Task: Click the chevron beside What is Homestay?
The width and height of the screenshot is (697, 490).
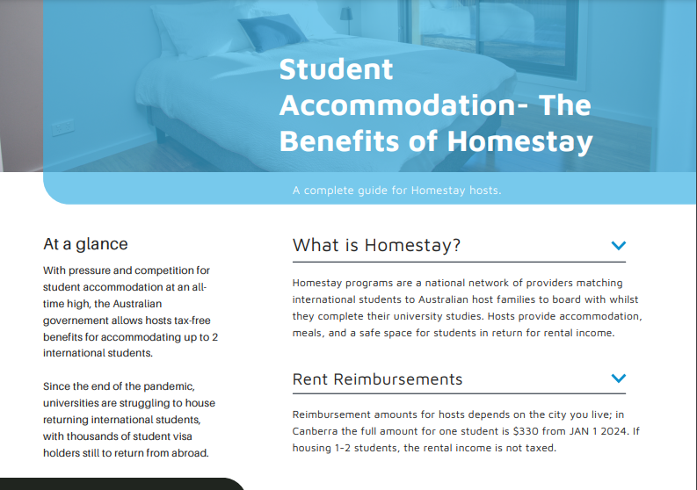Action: [618, 246]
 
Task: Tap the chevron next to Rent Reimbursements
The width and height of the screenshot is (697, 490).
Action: [618, 378]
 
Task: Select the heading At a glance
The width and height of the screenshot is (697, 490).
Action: [85, 244]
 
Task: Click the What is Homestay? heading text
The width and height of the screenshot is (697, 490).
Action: [376, 245]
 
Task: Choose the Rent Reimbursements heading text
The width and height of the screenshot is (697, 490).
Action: [377, 379]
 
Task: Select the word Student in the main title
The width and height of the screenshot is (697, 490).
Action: [336, 69]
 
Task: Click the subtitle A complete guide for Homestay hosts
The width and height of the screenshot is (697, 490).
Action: [396, 190]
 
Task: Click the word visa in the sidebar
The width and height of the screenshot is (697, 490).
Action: [194, 436]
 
